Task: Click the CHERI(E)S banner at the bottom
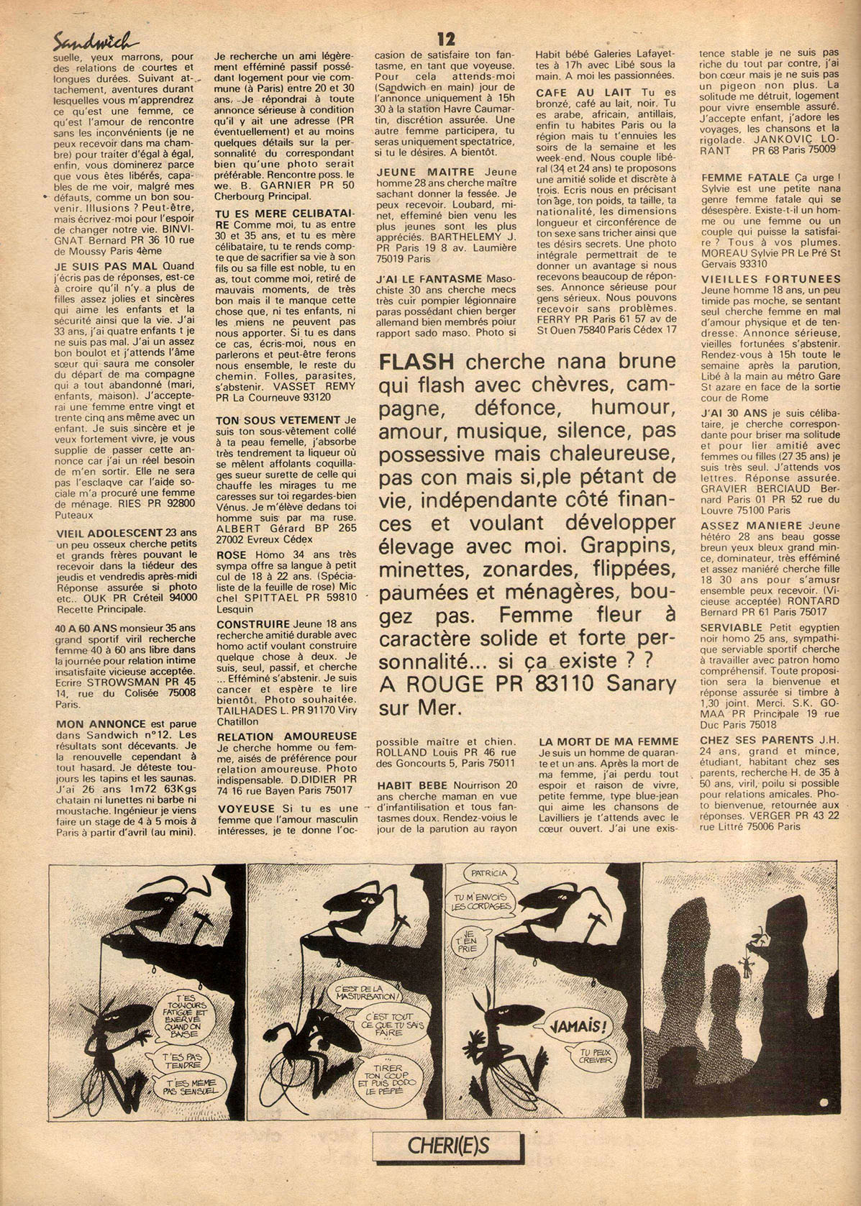coord(448,1144)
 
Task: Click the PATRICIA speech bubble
coord(489,874)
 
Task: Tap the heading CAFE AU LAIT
coord(584,92)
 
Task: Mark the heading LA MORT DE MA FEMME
coord(609,741)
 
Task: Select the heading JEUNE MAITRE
coord(424,172)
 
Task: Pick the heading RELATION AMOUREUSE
coord(287,736)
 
